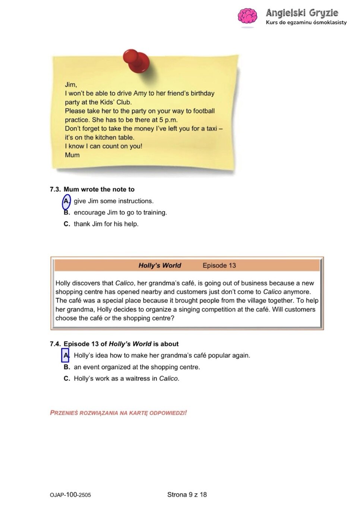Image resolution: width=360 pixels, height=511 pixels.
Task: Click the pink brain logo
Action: click(247, 17)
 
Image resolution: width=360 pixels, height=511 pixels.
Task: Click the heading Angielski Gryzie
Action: click(302, 13)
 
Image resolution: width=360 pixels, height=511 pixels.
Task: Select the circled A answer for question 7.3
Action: click(66, 201)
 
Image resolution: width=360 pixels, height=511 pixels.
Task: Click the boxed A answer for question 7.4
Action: click(66, 355)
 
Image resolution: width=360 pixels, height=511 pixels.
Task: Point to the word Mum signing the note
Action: click(72, 155)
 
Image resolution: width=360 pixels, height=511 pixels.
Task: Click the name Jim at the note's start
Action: click(70, 85)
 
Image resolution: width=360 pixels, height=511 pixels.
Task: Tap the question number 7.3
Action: click(55, 189)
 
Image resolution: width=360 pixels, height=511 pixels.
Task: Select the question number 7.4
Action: click(55, 344)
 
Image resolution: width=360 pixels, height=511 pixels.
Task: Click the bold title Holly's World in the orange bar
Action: click(160, 266)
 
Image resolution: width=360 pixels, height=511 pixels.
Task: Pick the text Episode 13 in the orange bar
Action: click(219, 266)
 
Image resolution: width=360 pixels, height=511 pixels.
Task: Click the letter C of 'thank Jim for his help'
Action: click(67, 224)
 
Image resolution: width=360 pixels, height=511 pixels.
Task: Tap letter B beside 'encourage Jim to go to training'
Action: click(67, 213)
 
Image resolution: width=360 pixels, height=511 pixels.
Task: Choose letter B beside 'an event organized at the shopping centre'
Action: click(67, 367)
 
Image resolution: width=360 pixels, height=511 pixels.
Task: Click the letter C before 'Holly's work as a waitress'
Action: click(67, 379)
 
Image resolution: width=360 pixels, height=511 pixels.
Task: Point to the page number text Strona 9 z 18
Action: click(187, 495)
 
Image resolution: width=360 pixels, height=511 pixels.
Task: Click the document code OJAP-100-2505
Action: click(70, 495)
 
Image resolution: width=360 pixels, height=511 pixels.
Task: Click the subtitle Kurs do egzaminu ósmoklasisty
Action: click(306, 23)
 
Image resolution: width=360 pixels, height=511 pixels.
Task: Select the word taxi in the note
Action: click(211, 129)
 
